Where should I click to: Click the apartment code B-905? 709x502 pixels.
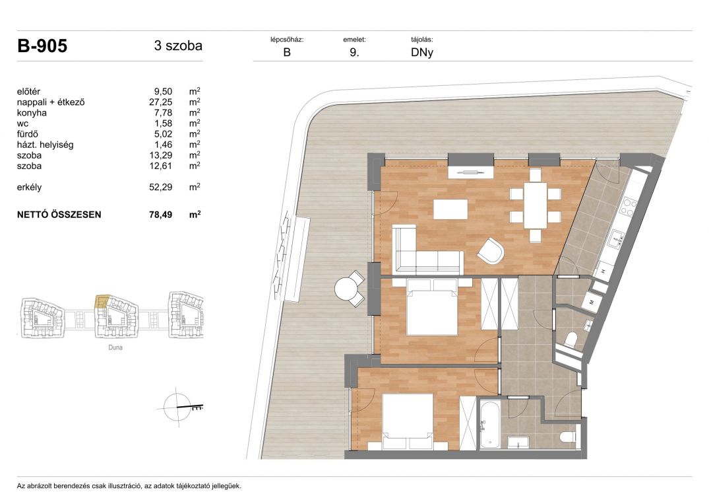click(x=42, y=46)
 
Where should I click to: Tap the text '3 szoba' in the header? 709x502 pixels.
click(x=178, y=46)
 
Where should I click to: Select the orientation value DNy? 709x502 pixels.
click(x=422, y=52)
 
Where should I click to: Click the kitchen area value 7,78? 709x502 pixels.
click(x=163, y=113)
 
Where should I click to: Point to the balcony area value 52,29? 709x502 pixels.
click(x=161, y=187)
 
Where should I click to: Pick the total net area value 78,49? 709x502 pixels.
click(x=161, y=215)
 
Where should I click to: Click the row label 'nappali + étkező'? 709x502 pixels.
click(x=51, y=102)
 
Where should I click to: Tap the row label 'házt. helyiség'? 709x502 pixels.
click(x=46, y=145)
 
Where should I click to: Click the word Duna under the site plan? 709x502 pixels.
click(x=115, y=347)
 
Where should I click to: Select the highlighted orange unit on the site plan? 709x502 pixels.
click(x=102, y=301)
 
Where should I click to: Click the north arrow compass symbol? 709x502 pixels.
click(x=178, y=408)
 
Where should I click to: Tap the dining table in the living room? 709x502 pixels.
click(x=536, y=205)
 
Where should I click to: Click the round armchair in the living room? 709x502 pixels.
click(x=491, y=251)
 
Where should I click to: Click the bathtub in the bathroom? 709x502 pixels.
click(x=489, y=424)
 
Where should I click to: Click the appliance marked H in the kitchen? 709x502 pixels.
click(x=603, y=270)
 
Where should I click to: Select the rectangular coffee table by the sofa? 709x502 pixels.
click(x=450, y=209)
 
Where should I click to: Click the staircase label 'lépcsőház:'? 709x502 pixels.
click(x=287, y=40)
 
